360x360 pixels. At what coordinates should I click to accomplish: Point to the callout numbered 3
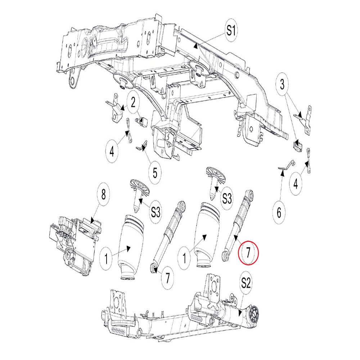click(x=282, y=85)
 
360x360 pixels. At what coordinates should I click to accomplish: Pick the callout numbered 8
click(x=104, y=195)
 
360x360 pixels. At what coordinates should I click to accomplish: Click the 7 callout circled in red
click(x=248, y=252)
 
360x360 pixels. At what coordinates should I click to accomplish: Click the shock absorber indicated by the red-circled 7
click(x=238, y=223)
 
